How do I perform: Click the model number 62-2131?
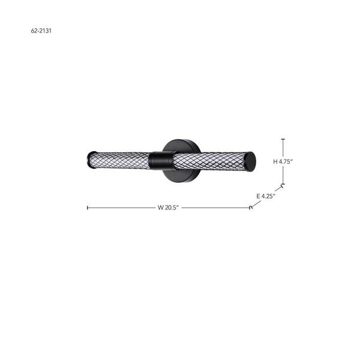41,31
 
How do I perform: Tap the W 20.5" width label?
168,208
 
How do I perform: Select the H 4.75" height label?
283,161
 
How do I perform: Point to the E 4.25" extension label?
266,196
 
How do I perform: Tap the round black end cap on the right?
250,161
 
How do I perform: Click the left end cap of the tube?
91,160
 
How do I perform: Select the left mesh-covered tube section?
121,160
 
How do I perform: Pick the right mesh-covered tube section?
209,161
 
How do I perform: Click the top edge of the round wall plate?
181,140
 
